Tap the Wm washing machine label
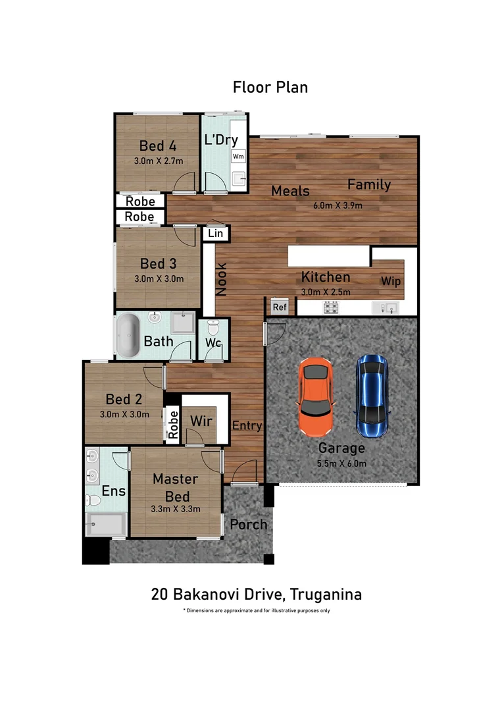pyautogui.click(x=238, y=157)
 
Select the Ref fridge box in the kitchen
pyautogui.click(x=280, y=307)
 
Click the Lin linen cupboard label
pyautogui.click(x=214, y=233)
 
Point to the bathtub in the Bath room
pyautogui.click(x=128, y=336)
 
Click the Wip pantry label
pyautogui.click(x=390, y=281)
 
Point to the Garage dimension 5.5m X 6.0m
pyautogui.click(x=341, y=463)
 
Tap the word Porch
pyautogui.click(x=249, y=525)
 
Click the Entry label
pyautogui.click(x=247, y=426)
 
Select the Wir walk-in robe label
pyautogui.click(x=201, y=420)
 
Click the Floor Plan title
pyautogui.click(x=270, y=87)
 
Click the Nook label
pyautogui.click(x=222, y=280)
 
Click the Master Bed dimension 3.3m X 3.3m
pyautogui.click(x=175, y=508)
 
